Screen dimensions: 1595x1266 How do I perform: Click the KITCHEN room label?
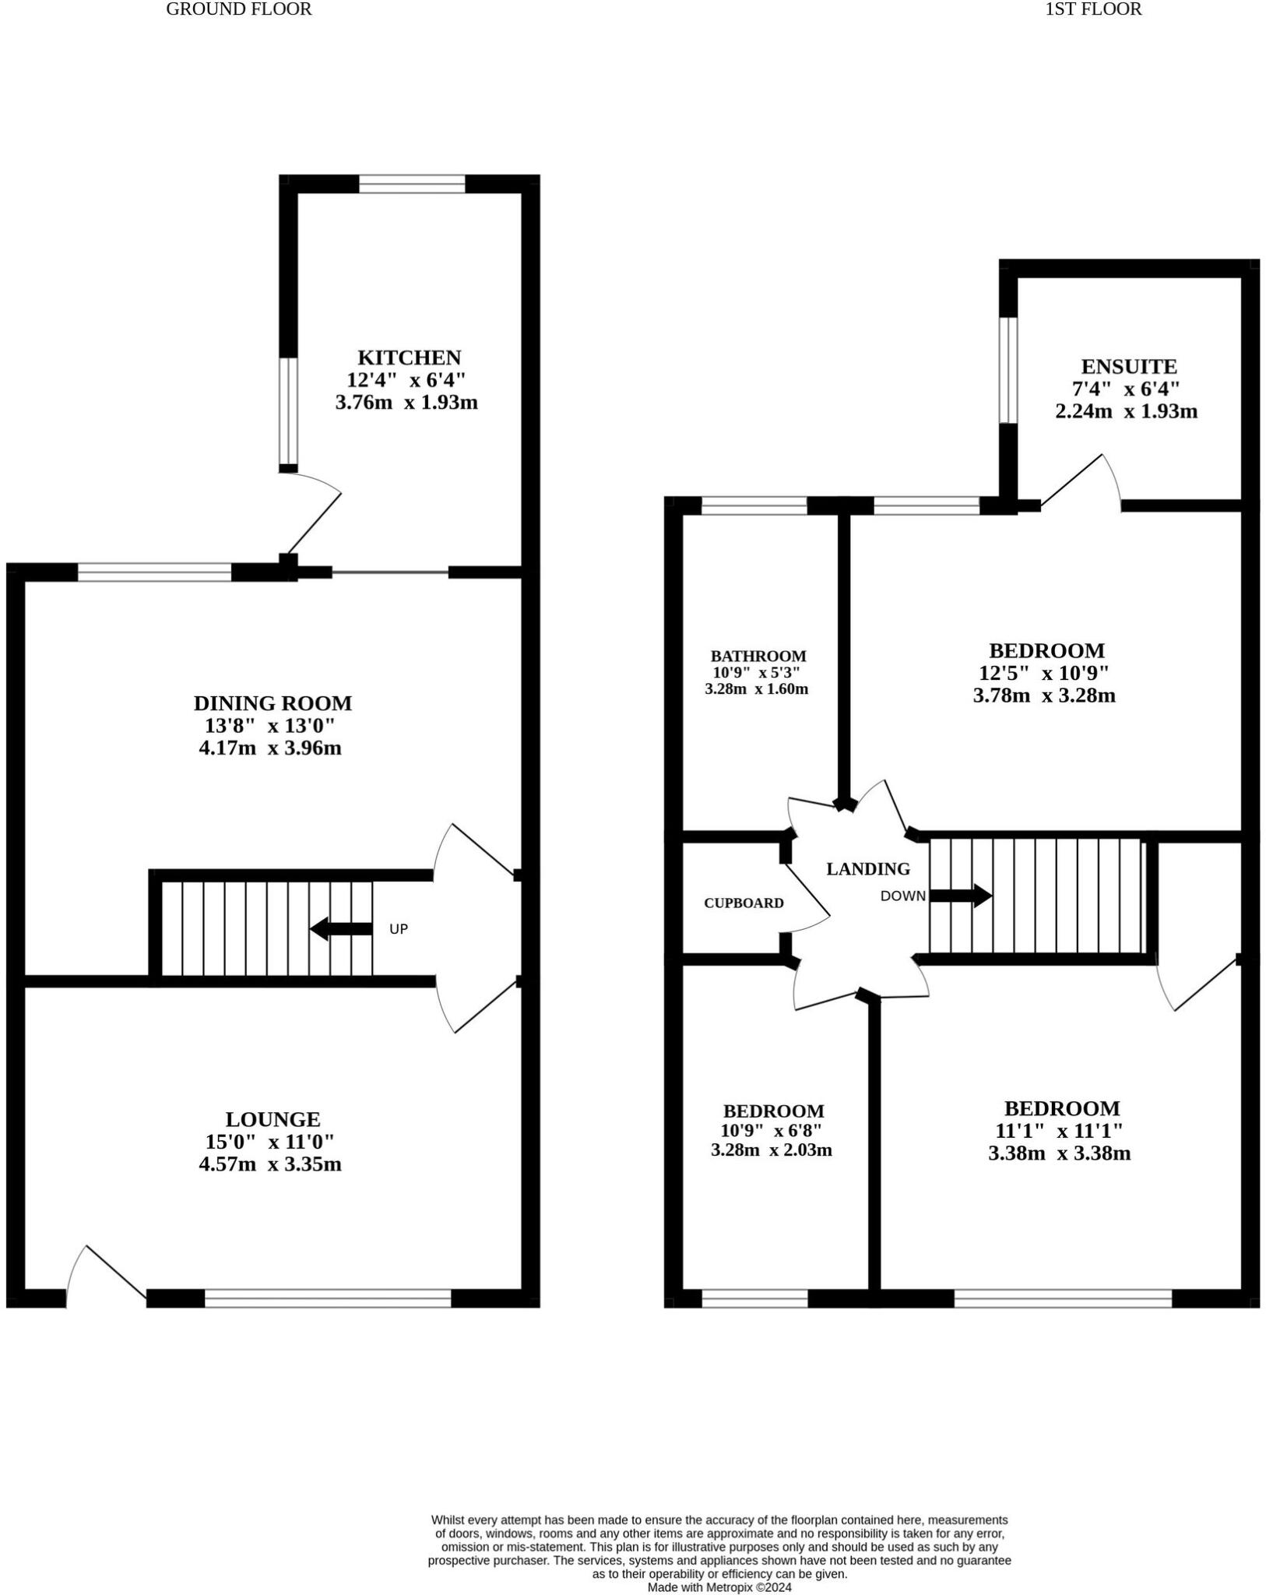tap(409, 357)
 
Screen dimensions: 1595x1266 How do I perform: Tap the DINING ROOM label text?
tap(273, 703)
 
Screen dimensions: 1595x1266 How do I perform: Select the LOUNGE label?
tap(273, 1119)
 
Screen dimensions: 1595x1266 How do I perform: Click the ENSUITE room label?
tap(1128, 366)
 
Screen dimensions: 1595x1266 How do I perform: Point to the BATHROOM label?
tap(758, 656)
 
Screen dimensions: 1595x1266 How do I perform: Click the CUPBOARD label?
tap(743, 903)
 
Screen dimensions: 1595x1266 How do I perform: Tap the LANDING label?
tap(867, 868)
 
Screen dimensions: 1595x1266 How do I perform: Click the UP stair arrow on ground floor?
tap(341, 928)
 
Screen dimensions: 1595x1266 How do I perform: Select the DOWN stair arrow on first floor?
tap(961, 896)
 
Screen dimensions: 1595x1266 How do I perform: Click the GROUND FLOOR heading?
tap(238, 9)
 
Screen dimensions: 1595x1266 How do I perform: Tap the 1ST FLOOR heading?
tap(1093, 9)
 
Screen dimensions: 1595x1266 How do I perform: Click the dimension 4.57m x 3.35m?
tap(270, 1164)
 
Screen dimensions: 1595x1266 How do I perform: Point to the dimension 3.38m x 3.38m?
tap(1059, 1153)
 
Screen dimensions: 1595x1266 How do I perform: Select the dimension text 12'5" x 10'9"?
tap(1043, 673)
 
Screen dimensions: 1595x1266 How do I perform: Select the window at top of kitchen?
tap(412, 185)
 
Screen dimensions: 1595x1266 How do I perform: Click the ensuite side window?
tap(1008, 370)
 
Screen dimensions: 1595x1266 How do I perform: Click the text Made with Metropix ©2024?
tap(719, 1586)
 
